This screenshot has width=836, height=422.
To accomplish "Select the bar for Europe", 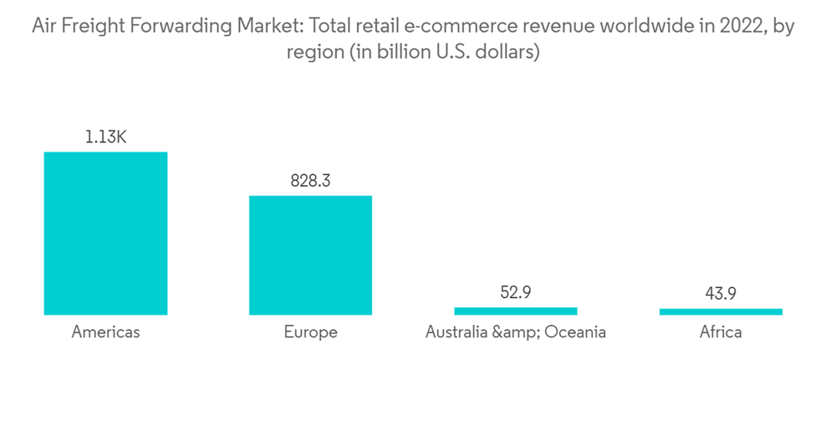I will point(310,255).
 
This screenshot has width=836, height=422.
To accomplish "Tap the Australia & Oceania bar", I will point(515,311).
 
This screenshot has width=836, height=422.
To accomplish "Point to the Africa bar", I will point(721,311).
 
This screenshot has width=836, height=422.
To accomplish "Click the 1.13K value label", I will point(105,137).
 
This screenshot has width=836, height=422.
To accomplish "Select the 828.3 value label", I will point(310,181).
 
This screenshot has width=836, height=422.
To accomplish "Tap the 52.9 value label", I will point(515,292).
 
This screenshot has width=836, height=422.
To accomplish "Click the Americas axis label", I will point(105,332).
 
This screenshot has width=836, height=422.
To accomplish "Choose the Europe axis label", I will point(310,332).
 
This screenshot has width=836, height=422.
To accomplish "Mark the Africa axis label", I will point(721,332).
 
